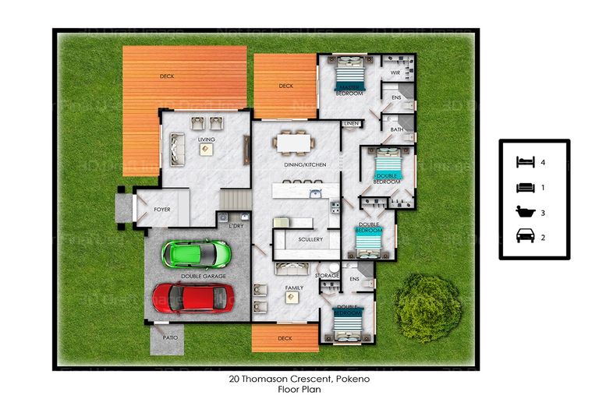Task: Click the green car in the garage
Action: point(196,252)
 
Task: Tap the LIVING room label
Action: point(206,140)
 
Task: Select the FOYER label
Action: point(161,210)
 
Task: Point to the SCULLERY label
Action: point(310,239)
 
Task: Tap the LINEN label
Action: point(351,123)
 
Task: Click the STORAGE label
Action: point(327,276)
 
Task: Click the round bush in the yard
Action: point(428,307)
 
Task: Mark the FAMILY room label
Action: point(294,288)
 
